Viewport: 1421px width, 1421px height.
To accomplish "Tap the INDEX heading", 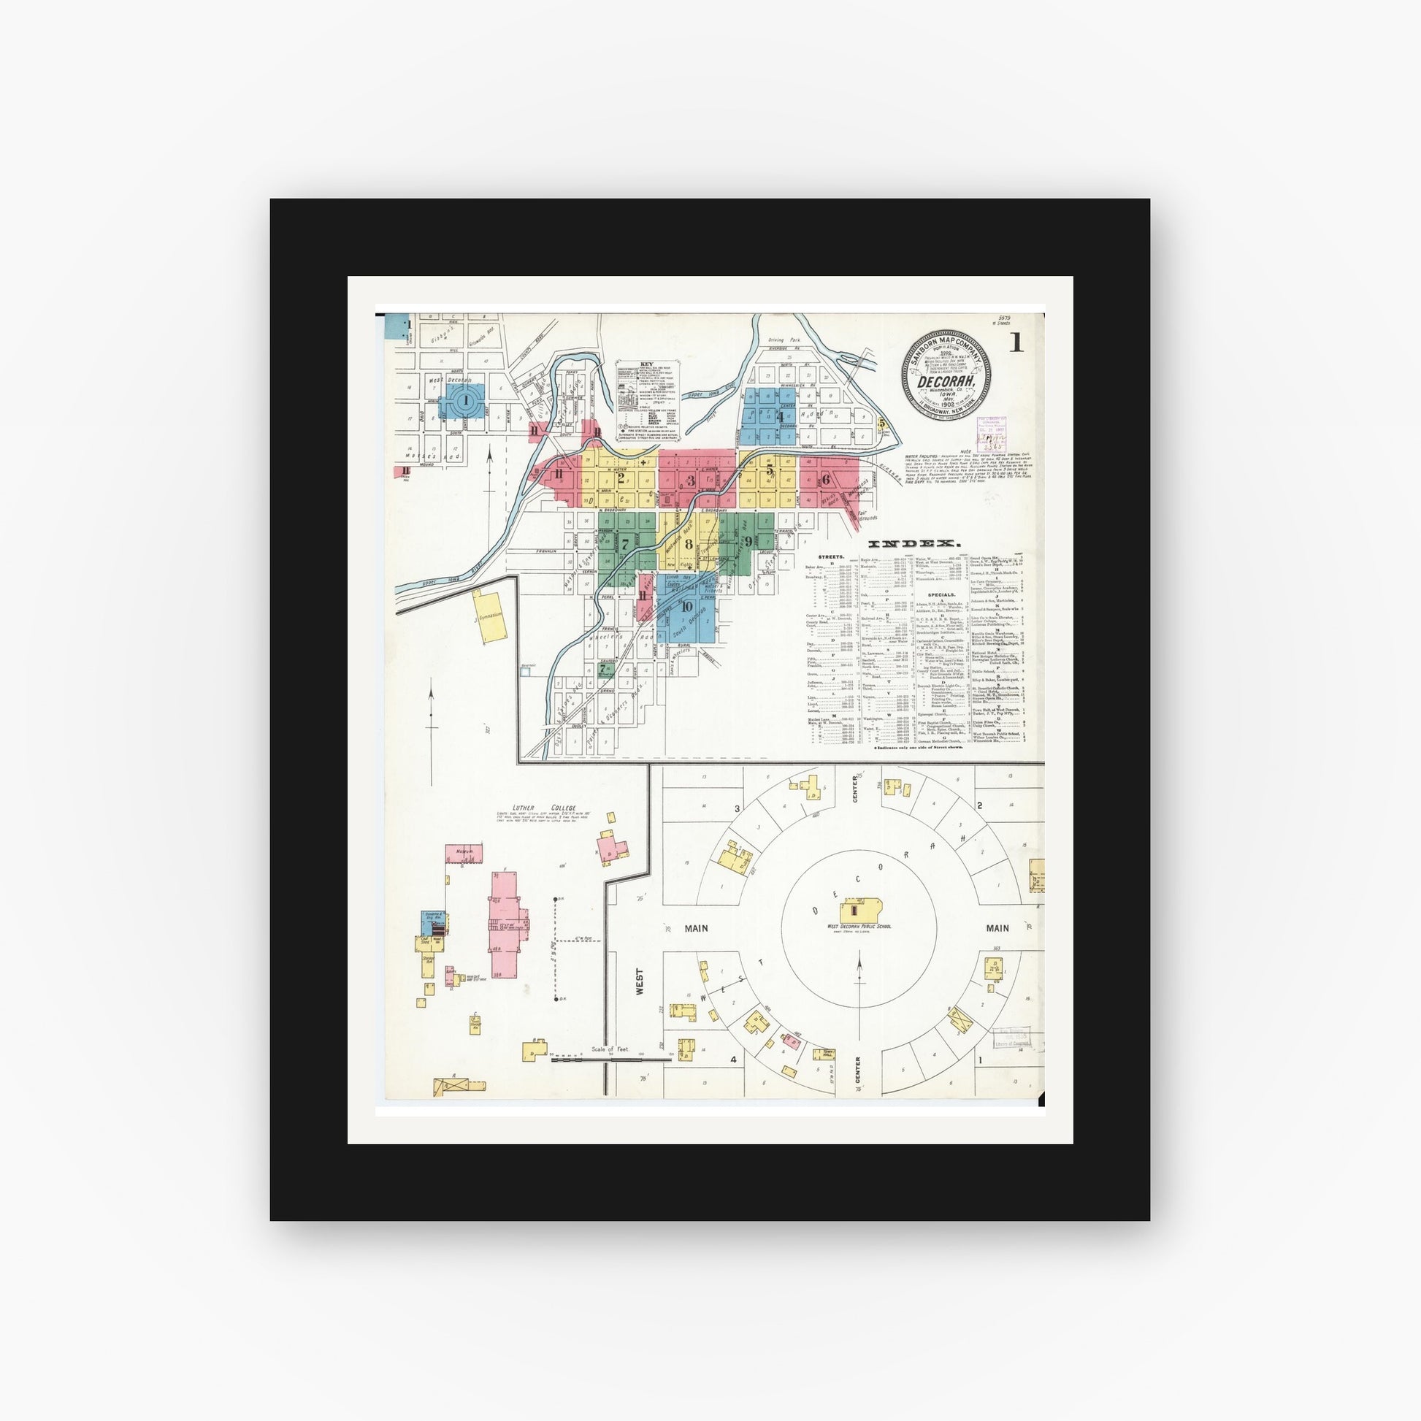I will (914, 543).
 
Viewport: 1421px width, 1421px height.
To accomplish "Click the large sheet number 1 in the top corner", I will (1016, 342).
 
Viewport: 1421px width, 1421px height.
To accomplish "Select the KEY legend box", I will (647, 398).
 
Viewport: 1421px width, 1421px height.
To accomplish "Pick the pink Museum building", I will (464, 853).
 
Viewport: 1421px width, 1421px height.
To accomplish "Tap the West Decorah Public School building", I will (859, 911).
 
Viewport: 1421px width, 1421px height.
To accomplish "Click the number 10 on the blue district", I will (687, 606).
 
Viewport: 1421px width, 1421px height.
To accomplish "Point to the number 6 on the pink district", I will (826, 480).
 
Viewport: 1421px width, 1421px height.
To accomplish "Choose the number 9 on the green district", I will (748, 542).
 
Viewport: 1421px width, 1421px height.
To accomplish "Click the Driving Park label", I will (784, 340).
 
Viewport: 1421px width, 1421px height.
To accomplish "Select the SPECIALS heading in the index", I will (941, 594).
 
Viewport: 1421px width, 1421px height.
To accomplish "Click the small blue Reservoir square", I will (525, 672).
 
